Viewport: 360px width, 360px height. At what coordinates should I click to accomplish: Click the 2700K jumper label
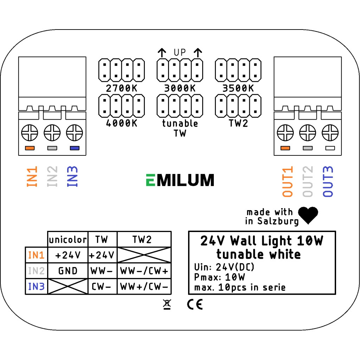click(122, 88)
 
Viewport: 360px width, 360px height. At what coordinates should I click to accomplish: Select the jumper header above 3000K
click(180, 70)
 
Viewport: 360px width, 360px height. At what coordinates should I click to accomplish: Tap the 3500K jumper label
click(238, 88)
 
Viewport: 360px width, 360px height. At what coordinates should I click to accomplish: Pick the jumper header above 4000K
click(122, 106)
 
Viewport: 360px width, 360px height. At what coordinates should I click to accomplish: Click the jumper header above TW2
click(238, 106)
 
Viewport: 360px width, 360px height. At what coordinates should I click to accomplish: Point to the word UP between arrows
click(180, 53)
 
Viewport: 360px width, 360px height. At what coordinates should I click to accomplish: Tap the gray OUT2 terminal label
click(308, 181)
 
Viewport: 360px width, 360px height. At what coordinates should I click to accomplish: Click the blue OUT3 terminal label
click(328, 181)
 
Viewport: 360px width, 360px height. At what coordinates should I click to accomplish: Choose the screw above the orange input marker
click(30, 134)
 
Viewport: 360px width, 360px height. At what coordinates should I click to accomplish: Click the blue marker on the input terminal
click(75, 148)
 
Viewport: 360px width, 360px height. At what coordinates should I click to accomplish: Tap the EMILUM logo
click(180, 180)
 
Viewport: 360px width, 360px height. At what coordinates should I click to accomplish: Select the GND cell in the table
click(68, 271)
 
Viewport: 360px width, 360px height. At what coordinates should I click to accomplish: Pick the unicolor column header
click(68, 240)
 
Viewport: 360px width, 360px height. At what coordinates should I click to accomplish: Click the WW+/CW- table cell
click(144, 287)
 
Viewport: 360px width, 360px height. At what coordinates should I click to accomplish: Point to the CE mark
click(195, 304)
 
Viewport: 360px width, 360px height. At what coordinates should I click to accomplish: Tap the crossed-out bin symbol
click(167, 305)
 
